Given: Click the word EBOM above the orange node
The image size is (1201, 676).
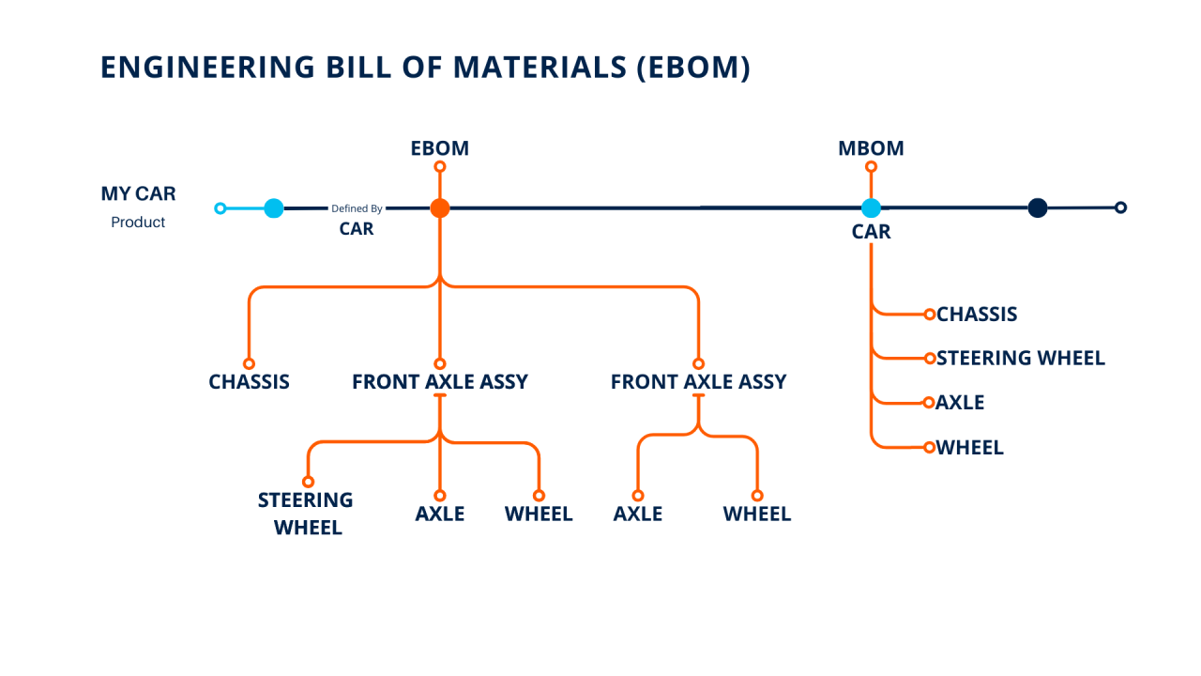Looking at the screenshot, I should (x=439, y=148).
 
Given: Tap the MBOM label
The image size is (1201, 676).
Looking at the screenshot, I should (x=871, y=148).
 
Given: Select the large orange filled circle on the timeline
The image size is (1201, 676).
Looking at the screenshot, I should (x=440, y=208).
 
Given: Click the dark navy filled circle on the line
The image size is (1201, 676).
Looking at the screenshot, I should (x=1037, y=208).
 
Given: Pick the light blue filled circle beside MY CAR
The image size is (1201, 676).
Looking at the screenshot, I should (x=274, y=208).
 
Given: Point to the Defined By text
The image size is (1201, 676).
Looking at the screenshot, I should (x=357, y=208).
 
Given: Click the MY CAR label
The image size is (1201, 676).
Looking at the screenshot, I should (x=138, y=194).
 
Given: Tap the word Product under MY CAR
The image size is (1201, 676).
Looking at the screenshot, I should (x=138, y=223).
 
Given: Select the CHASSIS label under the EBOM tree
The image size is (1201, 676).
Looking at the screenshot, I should (x=249, y=382).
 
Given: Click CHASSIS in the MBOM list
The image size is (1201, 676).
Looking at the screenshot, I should (x=977, y=315).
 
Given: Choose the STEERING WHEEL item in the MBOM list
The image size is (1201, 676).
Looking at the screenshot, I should (x=1021, y=359).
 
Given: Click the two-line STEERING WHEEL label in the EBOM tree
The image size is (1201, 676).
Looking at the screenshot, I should (x=306, y=514).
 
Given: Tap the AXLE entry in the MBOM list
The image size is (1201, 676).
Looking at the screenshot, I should (x=960, y=403).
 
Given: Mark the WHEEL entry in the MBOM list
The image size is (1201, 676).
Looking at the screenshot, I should (x=969, y=448).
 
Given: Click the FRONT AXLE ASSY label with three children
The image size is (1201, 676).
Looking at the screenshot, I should (x=440, y=382).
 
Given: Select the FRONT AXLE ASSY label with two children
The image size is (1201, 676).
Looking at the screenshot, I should (x=698, y=382).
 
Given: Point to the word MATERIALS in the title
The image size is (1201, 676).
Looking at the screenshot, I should (x=540, y=68).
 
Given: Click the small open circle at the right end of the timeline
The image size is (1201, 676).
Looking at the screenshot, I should (x=1120, y=208).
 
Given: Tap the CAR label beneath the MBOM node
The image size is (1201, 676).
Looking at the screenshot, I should (x=871, y=232).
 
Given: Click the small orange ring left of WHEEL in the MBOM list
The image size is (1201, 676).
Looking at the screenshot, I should (x=929, y=448).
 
